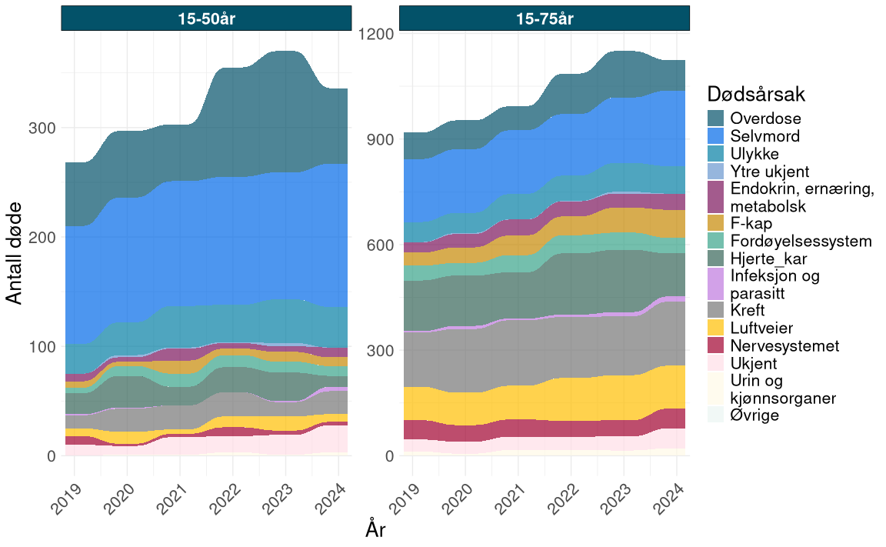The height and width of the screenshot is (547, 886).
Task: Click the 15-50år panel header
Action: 206,19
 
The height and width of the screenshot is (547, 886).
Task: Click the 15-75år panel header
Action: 544,19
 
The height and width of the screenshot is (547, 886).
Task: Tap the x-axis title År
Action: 375,530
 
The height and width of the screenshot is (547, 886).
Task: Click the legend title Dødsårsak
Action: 755,95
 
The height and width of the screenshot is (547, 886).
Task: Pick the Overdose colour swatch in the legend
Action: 717,118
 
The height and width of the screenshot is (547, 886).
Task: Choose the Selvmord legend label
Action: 765,136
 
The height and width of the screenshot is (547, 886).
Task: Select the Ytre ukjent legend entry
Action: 770,172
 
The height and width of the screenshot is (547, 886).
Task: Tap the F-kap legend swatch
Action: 717,224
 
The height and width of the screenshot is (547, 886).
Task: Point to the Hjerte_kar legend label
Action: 772,258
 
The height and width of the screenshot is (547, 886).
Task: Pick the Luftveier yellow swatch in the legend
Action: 717,329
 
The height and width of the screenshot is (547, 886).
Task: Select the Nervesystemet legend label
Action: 784,345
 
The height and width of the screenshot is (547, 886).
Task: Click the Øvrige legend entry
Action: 754,415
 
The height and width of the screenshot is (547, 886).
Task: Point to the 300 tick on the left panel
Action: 42,128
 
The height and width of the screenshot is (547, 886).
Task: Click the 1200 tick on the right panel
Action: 376,34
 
